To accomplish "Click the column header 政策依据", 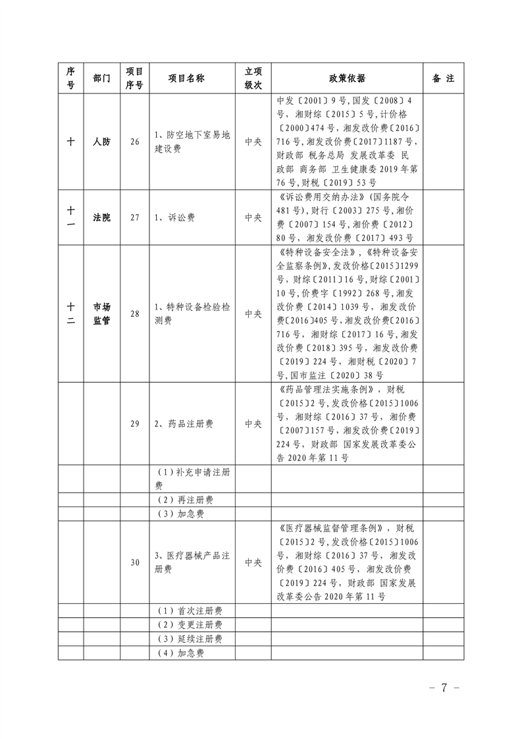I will pos(347,78).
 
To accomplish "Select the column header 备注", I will pos(443,78).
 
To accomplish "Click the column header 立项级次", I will pos(253,78).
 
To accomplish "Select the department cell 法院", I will pos(102,217).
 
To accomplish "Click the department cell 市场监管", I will pos(102,314).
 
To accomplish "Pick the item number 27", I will pos(135,217).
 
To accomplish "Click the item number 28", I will pos(135,314).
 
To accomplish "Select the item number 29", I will pos(135,424).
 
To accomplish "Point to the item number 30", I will pos(135,562).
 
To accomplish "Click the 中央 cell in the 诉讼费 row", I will pos(253,217).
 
